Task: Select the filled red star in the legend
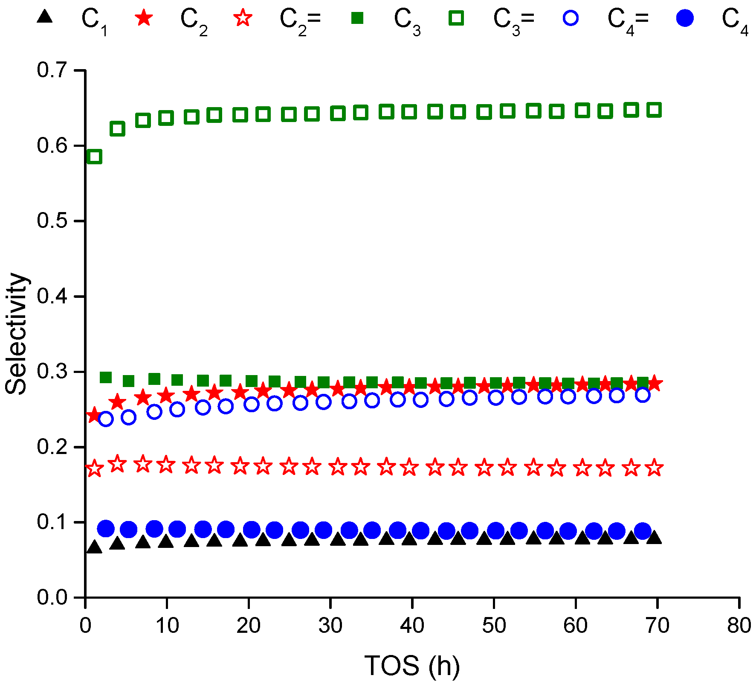coord(144,18)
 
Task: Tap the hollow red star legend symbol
coord(243,18)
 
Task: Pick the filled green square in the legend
coord(357,18)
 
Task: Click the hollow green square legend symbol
coord(456,18)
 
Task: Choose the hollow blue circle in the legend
coord(571,18)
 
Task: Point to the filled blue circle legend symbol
coord(685,18)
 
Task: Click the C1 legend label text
coord(94,20)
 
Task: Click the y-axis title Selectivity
coord(16,334)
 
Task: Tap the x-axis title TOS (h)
coord(412,666)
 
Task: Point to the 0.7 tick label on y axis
coord(52,70)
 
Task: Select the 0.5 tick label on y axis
coord(52,221)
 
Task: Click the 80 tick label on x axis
coord(739,626)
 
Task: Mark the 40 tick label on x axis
coord(412,626)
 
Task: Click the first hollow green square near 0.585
coord(94,157)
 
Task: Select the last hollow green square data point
coord(654,110)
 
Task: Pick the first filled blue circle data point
coord(106,529)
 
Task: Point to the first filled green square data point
coord(105,377)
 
